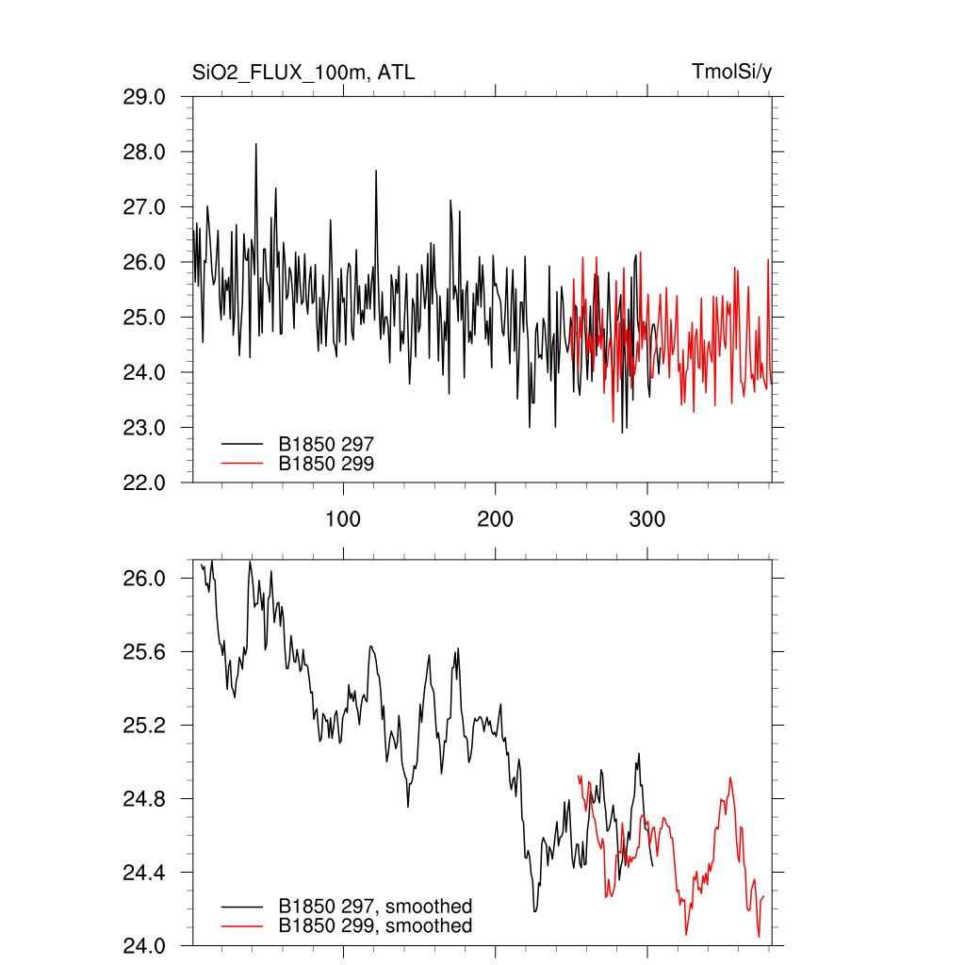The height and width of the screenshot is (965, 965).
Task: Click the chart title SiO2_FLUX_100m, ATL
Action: (x=303, y=73)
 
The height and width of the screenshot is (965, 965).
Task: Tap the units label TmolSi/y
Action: (x=731, y=73)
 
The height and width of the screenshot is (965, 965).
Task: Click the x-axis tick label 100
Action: (x=343, y=520)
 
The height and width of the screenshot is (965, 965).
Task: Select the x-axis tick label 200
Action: (x=495, y=520)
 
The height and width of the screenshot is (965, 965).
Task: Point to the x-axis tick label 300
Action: (x=646, y=520)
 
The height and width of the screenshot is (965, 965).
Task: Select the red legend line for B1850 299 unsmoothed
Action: (x=241, y=464)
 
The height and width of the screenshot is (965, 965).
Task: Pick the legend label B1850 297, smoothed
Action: (x=375, y=907)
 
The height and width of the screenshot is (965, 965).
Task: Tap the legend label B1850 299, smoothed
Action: (x=375, y=926)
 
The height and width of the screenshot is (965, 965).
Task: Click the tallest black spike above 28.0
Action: (x=255, y=145)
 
